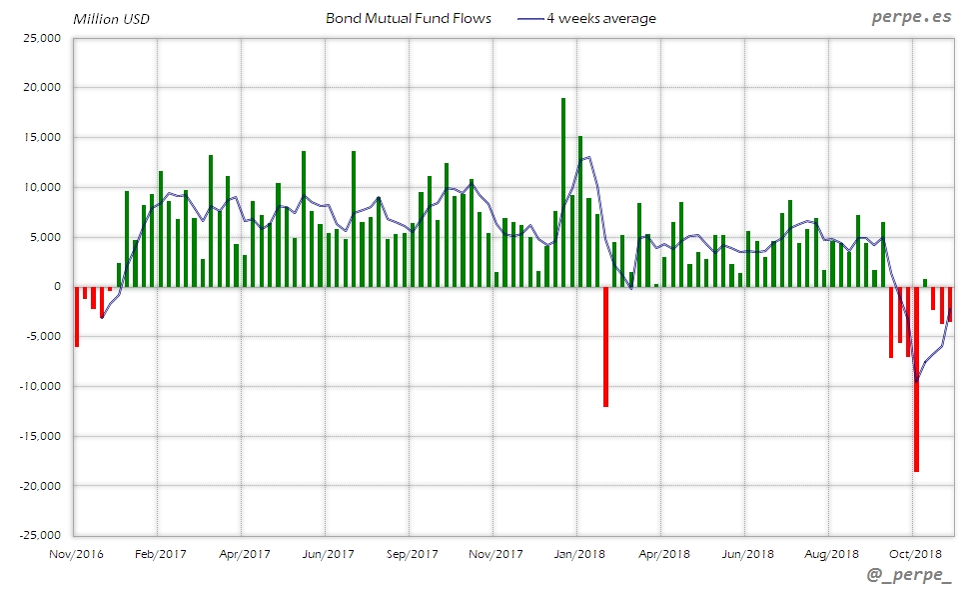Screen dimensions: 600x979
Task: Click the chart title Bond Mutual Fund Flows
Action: pyautogui.click(x=409, y=18)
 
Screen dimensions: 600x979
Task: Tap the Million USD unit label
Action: pyautogui.click(x=111, y=18)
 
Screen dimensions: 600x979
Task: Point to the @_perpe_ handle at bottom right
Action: pyautogui.click(x=909, y=577)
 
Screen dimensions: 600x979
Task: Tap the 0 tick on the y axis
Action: pyautogui.click(x=57, y=287)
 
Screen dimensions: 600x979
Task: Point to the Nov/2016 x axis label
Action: pyautogui.click(x=76, y=554)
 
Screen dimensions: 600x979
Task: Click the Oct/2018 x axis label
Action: pyautogui.click(x=915, y=554)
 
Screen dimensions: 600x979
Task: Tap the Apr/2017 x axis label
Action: pyautogui.click(x=244, y=554)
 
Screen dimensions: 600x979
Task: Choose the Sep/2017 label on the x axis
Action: pyautogui.click(x=412, y=554)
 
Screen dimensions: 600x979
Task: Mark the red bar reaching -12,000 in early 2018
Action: pyautogui.click(x=605, y=346)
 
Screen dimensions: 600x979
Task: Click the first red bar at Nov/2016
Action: pyautogui.click(x=77, y=316)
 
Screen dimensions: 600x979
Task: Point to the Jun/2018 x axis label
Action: pyautogui.click(x=747, y=554)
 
